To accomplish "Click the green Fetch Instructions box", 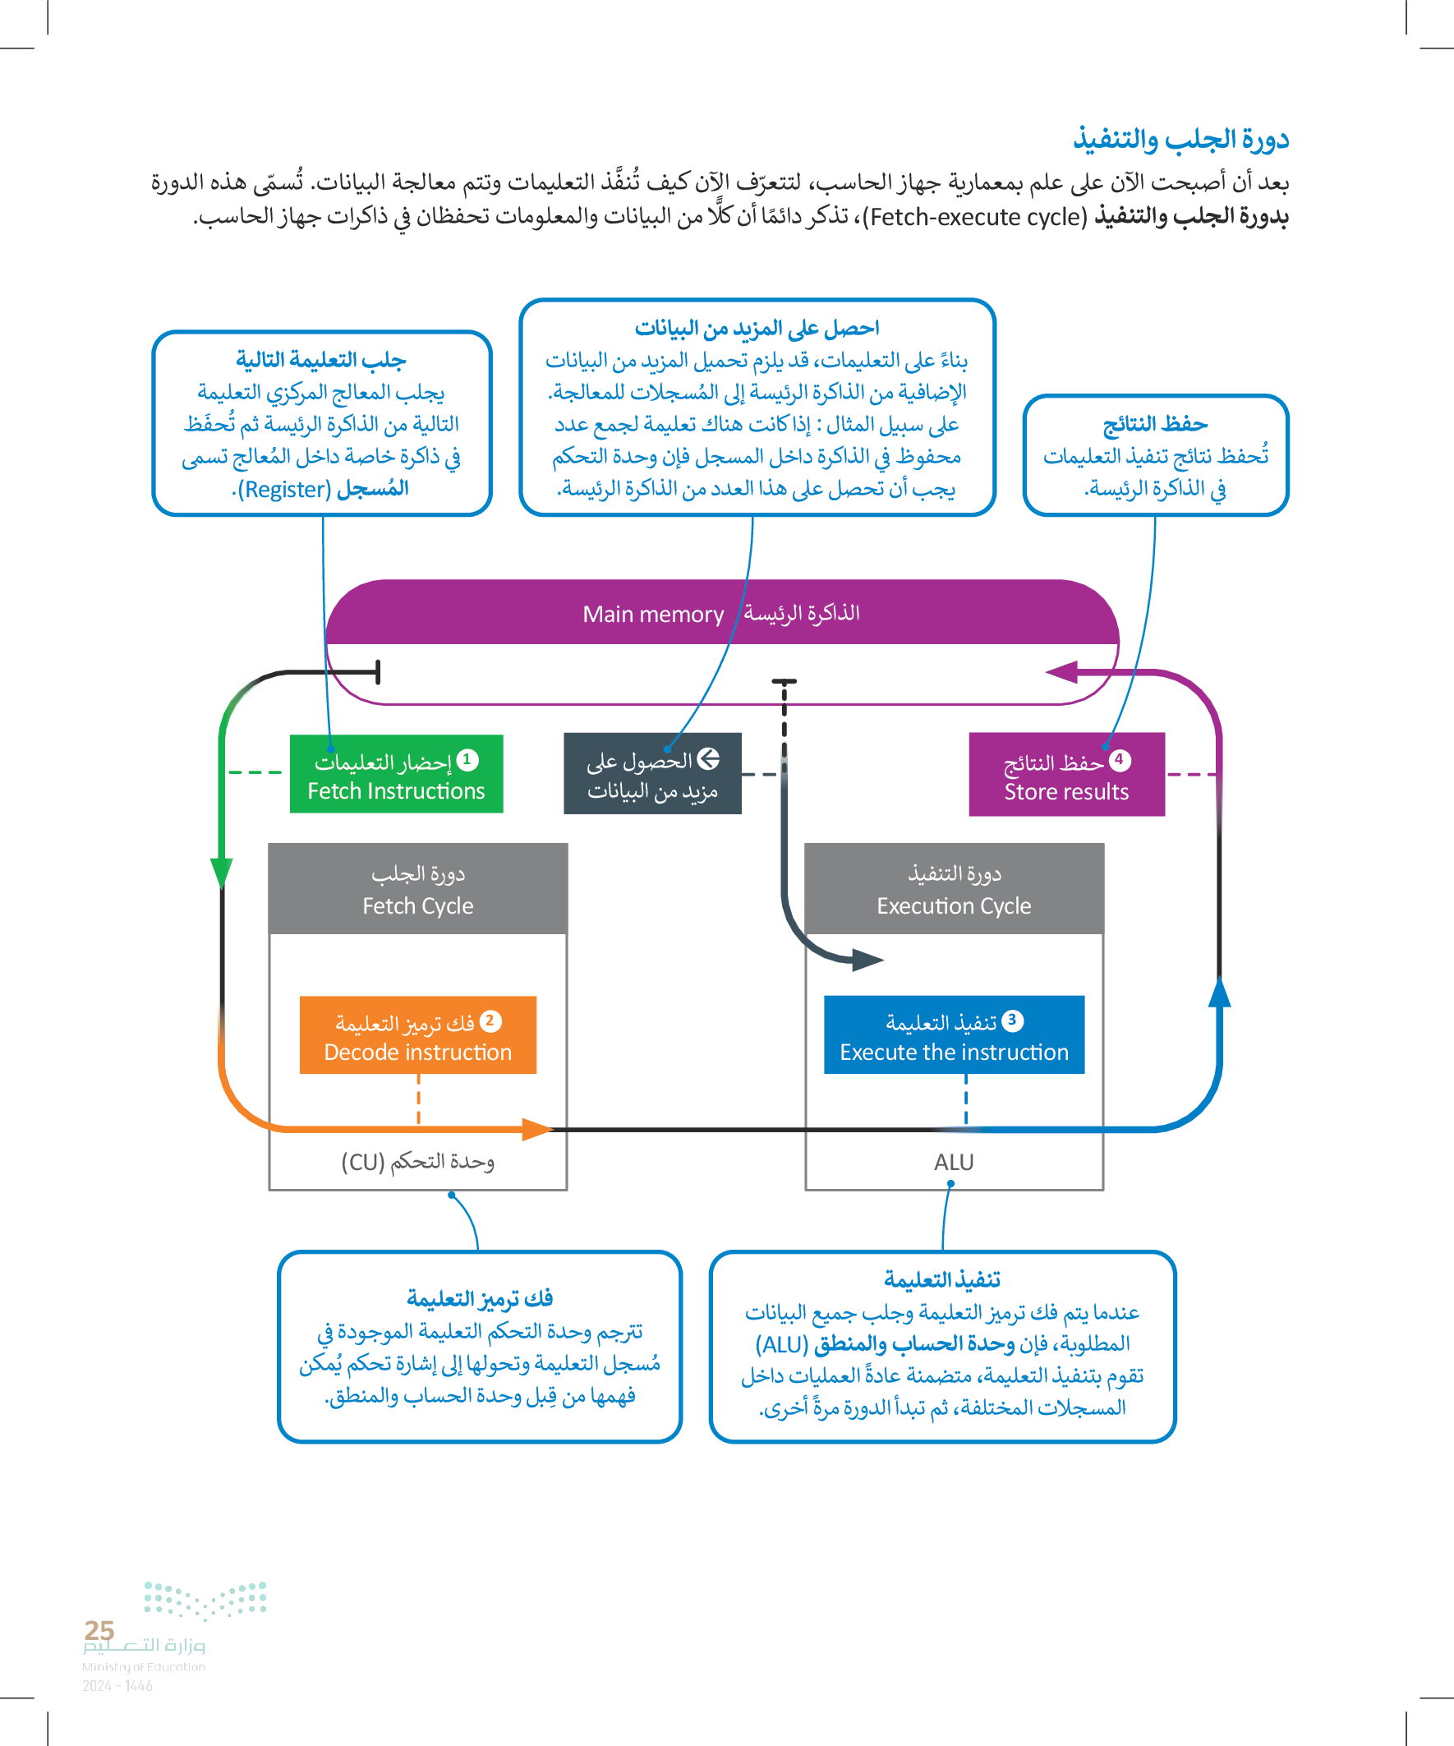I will pos(396,773).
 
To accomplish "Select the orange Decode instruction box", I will pos(417,1035).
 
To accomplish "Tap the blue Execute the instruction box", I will pos(954,1035).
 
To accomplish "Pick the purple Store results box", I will pos(1065,774).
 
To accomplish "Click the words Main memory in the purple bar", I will pos(652,615).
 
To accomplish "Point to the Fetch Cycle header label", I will pos(417,905).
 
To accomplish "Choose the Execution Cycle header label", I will pos(954,905).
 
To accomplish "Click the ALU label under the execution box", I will pos(954,1163).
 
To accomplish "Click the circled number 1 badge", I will pos(467,759).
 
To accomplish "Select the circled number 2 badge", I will pos(490,1020).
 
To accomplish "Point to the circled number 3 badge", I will pos(1012,1020).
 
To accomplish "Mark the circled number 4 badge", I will pos(1119,759).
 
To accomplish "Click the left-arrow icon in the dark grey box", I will pos(707,758).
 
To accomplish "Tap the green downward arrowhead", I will pos(221,873).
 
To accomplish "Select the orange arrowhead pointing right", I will pos(537,1129).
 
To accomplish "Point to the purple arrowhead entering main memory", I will pos(1062,672).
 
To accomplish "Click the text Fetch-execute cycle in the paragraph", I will pos(974,218).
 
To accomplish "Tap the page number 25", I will pos(99,1630).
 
